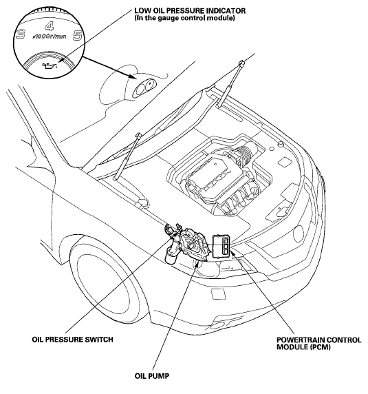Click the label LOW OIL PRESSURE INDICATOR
190,11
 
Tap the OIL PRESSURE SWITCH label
72,340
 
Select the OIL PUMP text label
152,376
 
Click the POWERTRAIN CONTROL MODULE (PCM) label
319,344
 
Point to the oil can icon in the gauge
50,65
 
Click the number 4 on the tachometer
50,26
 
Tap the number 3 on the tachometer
21,34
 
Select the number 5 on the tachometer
78,36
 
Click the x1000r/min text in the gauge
50,37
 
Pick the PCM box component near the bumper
221,247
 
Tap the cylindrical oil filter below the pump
171,257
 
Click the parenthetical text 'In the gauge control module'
184,19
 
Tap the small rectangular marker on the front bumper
218,294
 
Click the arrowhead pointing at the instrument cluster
133,76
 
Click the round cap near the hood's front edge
280,145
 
